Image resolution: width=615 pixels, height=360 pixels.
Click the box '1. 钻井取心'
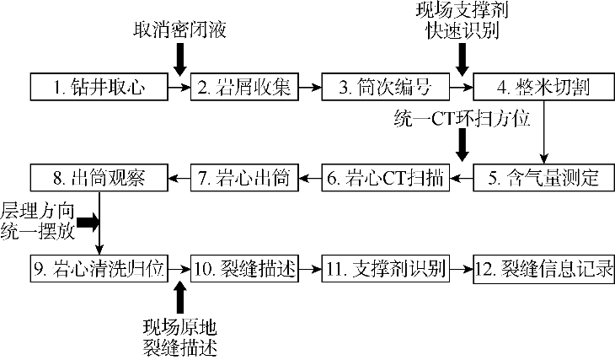pyautogui.click(x=99, y=86)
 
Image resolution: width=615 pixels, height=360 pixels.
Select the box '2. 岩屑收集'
pyautogui.click(x=245, y=86)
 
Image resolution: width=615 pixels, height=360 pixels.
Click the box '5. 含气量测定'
pyautogui.click(x=543, y=178)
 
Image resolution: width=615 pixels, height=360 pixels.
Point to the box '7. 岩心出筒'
pyautogui.click(x=245, y=178)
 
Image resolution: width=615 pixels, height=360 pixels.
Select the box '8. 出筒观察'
pyautogui.click(x=99, y=178)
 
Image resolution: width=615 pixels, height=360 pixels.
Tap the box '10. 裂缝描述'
pyautogui.click(x=245, y=270)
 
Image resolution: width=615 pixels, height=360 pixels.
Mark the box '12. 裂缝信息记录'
pyautogui.click(x=543, y=270)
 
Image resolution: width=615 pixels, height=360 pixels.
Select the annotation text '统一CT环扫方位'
pyautogui.click(x=461, y=119)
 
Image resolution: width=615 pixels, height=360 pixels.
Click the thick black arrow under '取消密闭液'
pyautogui.click(x=179, y=60)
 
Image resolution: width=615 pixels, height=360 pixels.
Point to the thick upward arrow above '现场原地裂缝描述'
pyautogui.click(x=179, y=296)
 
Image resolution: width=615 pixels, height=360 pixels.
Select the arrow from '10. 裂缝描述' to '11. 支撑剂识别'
pyautogui.click(x=311, y=270)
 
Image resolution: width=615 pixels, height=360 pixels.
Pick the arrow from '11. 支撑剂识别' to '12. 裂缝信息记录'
pyautogui.click(x=460, y=270)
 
